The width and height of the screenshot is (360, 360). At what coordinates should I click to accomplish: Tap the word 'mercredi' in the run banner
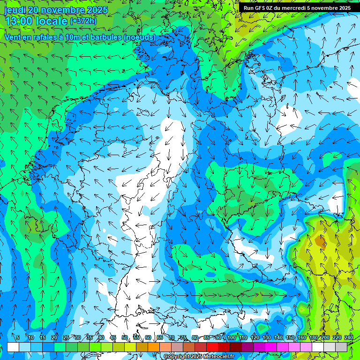tap(293, 8)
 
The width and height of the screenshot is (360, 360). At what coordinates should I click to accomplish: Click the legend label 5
tap(18, 338)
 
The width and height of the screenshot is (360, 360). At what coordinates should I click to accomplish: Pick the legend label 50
tap(124, 338)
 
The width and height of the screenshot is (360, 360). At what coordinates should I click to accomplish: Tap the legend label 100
tap(232, 338)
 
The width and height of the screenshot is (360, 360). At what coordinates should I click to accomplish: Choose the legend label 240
tap(349, 338)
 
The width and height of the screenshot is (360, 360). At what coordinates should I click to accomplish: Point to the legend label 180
tap(314, 338)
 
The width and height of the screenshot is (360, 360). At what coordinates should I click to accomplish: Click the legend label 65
tap(160, 338)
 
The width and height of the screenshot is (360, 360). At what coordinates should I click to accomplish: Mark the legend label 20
tap(54, 338)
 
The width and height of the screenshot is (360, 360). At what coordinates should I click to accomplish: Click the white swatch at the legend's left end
tap(13, 347)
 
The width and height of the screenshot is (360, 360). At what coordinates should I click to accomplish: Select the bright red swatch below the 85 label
tap(212, 347)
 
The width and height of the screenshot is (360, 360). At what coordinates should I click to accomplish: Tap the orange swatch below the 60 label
tap(154, 347)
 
